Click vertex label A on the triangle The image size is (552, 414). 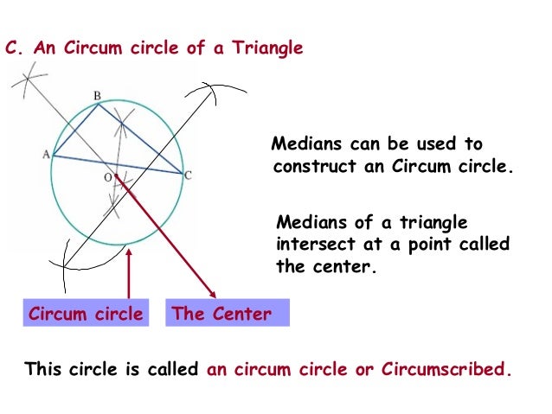pos(45,154)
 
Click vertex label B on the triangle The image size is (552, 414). pos(97,95)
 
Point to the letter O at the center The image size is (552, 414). pos(107,176)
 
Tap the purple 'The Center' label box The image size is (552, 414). pos(221,314)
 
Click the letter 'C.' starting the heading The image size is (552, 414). pos(13,48)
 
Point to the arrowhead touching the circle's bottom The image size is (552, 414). pos(128,251)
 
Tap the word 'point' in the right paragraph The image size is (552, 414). pos(425,245)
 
